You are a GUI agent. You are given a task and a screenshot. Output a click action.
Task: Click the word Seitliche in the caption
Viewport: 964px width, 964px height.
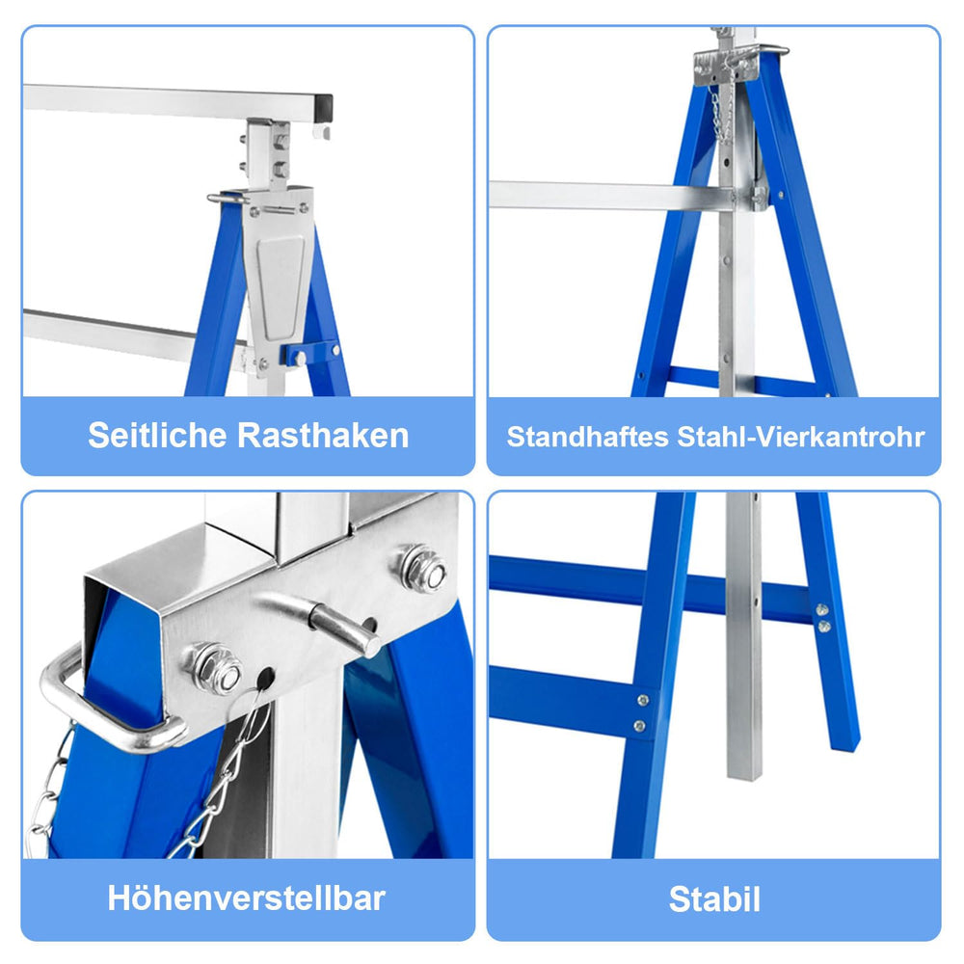pos(157,436)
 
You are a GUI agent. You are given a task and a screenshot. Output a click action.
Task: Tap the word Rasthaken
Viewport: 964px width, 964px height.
pos(323,436)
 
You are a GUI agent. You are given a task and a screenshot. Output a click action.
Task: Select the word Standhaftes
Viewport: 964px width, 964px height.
pos(587,437)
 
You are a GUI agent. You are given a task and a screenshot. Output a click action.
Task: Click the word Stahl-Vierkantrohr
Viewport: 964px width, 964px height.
pos(800,437)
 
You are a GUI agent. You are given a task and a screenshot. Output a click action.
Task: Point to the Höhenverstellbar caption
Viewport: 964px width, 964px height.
pos(246,898)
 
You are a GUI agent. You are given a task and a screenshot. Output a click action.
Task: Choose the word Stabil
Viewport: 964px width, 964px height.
pos(714,899)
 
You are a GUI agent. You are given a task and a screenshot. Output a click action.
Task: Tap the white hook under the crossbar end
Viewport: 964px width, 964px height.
pos(321,131)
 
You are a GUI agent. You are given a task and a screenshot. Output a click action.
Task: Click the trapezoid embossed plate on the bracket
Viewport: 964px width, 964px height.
pos(281,286)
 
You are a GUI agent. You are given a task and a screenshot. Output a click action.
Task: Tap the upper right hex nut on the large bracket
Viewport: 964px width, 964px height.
pos(424,569)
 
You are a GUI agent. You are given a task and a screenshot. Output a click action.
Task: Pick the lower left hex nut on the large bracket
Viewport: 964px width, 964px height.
pos(217,669)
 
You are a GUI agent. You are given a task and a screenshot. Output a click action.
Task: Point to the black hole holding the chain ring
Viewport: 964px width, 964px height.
pos(265,679)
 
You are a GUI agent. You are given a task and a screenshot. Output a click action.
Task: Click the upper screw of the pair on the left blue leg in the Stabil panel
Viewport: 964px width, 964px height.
pos(643,700)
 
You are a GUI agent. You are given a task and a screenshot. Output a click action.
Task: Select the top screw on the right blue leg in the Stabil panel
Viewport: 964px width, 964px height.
pos(821,610)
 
